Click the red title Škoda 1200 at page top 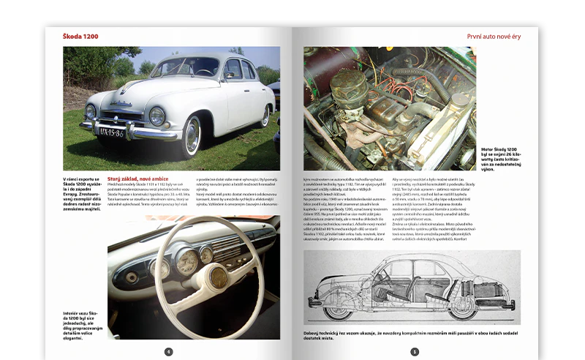tap(80, 36)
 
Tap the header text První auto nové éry tap(494, 36)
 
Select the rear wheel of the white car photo tap(265, 116)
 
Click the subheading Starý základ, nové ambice tap(139, 178)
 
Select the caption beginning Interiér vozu tap(82, 323)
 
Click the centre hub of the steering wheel tap(217, 277)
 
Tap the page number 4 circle tap(169, 351)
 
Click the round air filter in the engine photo tap(349, 86)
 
